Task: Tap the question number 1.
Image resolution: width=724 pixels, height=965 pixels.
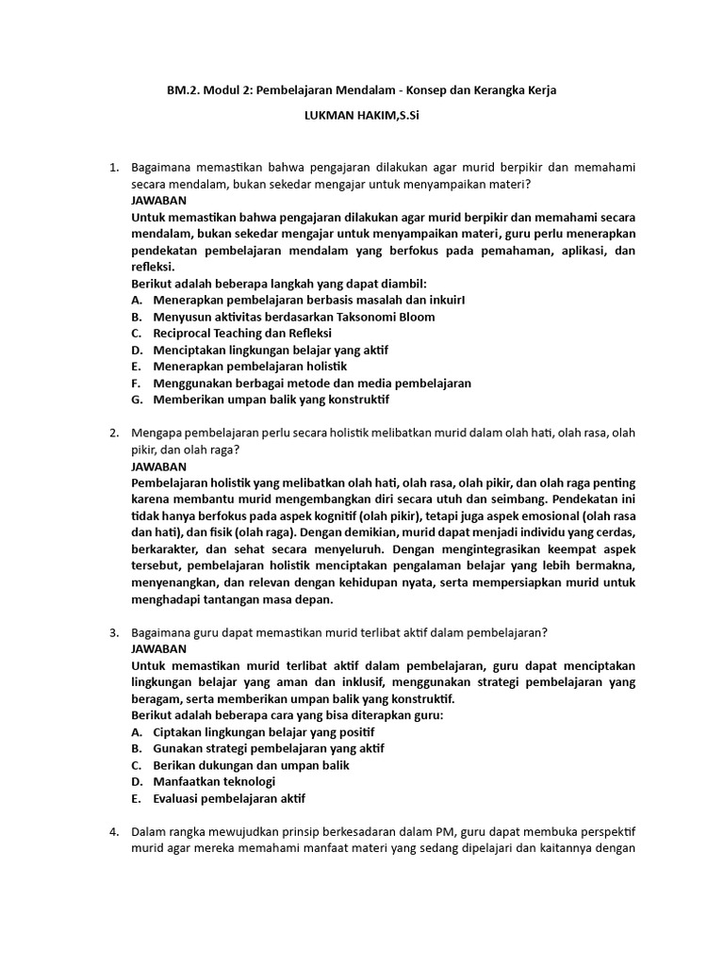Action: pyautogui.click(x=113, y=168)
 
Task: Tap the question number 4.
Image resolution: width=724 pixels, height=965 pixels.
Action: pyautogui.click(x=113, y=832)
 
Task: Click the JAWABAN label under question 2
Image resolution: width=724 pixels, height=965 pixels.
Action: pyautogui.click(x=159, y=466)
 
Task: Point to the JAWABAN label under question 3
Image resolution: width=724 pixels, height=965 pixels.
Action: pyautogui.click(x=159, y=648)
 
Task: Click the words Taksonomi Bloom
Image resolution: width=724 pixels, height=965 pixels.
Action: pyautogui.click(x=387, y=317)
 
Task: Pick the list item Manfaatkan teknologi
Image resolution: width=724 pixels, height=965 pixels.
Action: pyautogui.click(x=214, y=782)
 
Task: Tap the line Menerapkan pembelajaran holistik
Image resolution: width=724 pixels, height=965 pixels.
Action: pyautogui.click(x=250, y=366)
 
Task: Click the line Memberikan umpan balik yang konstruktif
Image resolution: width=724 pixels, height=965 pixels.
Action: pyautogui.click(x=271, y=400)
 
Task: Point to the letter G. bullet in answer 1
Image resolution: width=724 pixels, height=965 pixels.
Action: pyautogui.click(x=137, y=400)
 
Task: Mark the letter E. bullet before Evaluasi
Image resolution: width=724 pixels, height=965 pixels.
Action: pyautogui.click(x=137, y=798)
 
